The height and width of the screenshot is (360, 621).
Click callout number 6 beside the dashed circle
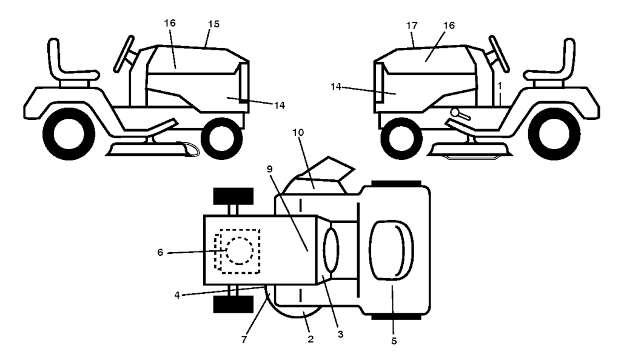(x=160, y=252)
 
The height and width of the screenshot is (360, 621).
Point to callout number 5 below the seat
(x=394, y=341)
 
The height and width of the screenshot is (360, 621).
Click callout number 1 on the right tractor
(x=500, y=86)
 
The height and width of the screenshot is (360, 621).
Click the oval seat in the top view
(x=391, y=250)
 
